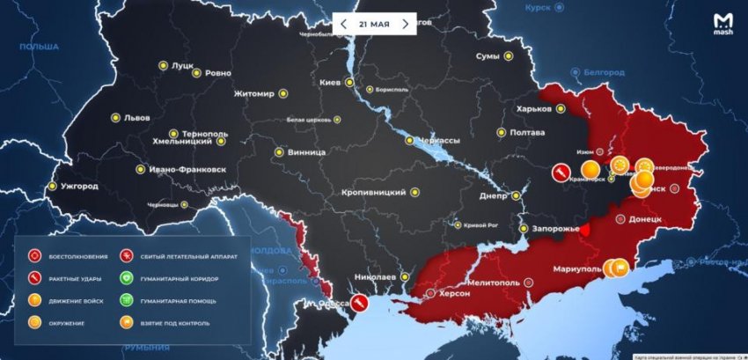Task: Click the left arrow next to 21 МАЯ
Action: click(x=344, y=24)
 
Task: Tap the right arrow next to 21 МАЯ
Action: click(x=405, y=24)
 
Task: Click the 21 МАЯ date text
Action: click(x=374, y=24)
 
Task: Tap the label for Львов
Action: click(x=136, y=118)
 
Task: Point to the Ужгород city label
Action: click(x=79, y=187)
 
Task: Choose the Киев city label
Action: click(x=330, y=83)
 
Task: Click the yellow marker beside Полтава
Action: click(x=501, y=133)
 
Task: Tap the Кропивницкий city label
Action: click(x=374, y=192)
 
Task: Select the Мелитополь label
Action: click(x=493, y=283)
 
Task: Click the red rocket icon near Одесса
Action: click(x=360, y=303)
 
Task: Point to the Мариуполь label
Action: click(x=577, y=268)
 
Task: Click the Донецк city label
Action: click(x=652, y=218)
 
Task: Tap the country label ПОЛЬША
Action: click(x=39, y=47)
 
